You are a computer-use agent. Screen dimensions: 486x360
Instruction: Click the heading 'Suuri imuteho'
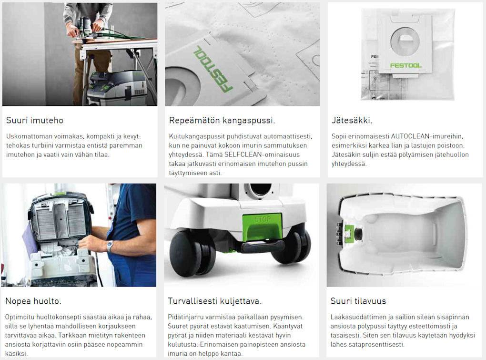pos(35,120)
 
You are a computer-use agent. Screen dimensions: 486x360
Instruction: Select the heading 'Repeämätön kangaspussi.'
pos(222,120)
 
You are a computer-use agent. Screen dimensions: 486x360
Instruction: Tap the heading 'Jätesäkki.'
pos(352,120)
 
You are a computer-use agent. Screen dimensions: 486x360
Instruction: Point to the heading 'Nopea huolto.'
pos(33,301)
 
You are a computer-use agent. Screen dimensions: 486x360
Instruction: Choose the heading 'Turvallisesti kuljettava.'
pos(214,301)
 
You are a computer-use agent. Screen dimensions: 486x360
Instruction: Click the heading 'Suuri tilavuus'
pos(358,301)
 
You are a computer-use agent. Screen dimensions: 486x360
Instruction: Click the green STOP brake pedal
pos(262,226)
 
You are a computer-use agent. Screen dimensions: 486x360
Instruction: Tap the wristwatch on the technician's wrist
pos(110,246)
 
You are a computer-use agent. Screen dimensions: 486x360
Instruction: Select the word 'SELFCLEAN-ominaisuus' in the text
pos(262,154)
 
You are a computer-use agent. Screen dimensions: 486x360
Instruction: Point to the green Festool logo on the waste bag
pos(406,65)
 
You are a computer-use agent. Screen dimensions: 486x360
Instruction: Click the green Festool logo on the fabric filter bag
pos(213,69)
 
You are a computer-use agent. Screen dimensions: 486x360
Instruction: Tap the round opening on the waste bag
pos(405,41)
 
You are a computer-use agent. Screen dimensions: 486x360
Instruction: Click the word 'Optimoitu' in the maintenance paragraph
pos(19,317)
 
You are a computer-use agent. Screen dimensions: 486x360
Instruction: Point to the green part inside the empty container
pos(349,232)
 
